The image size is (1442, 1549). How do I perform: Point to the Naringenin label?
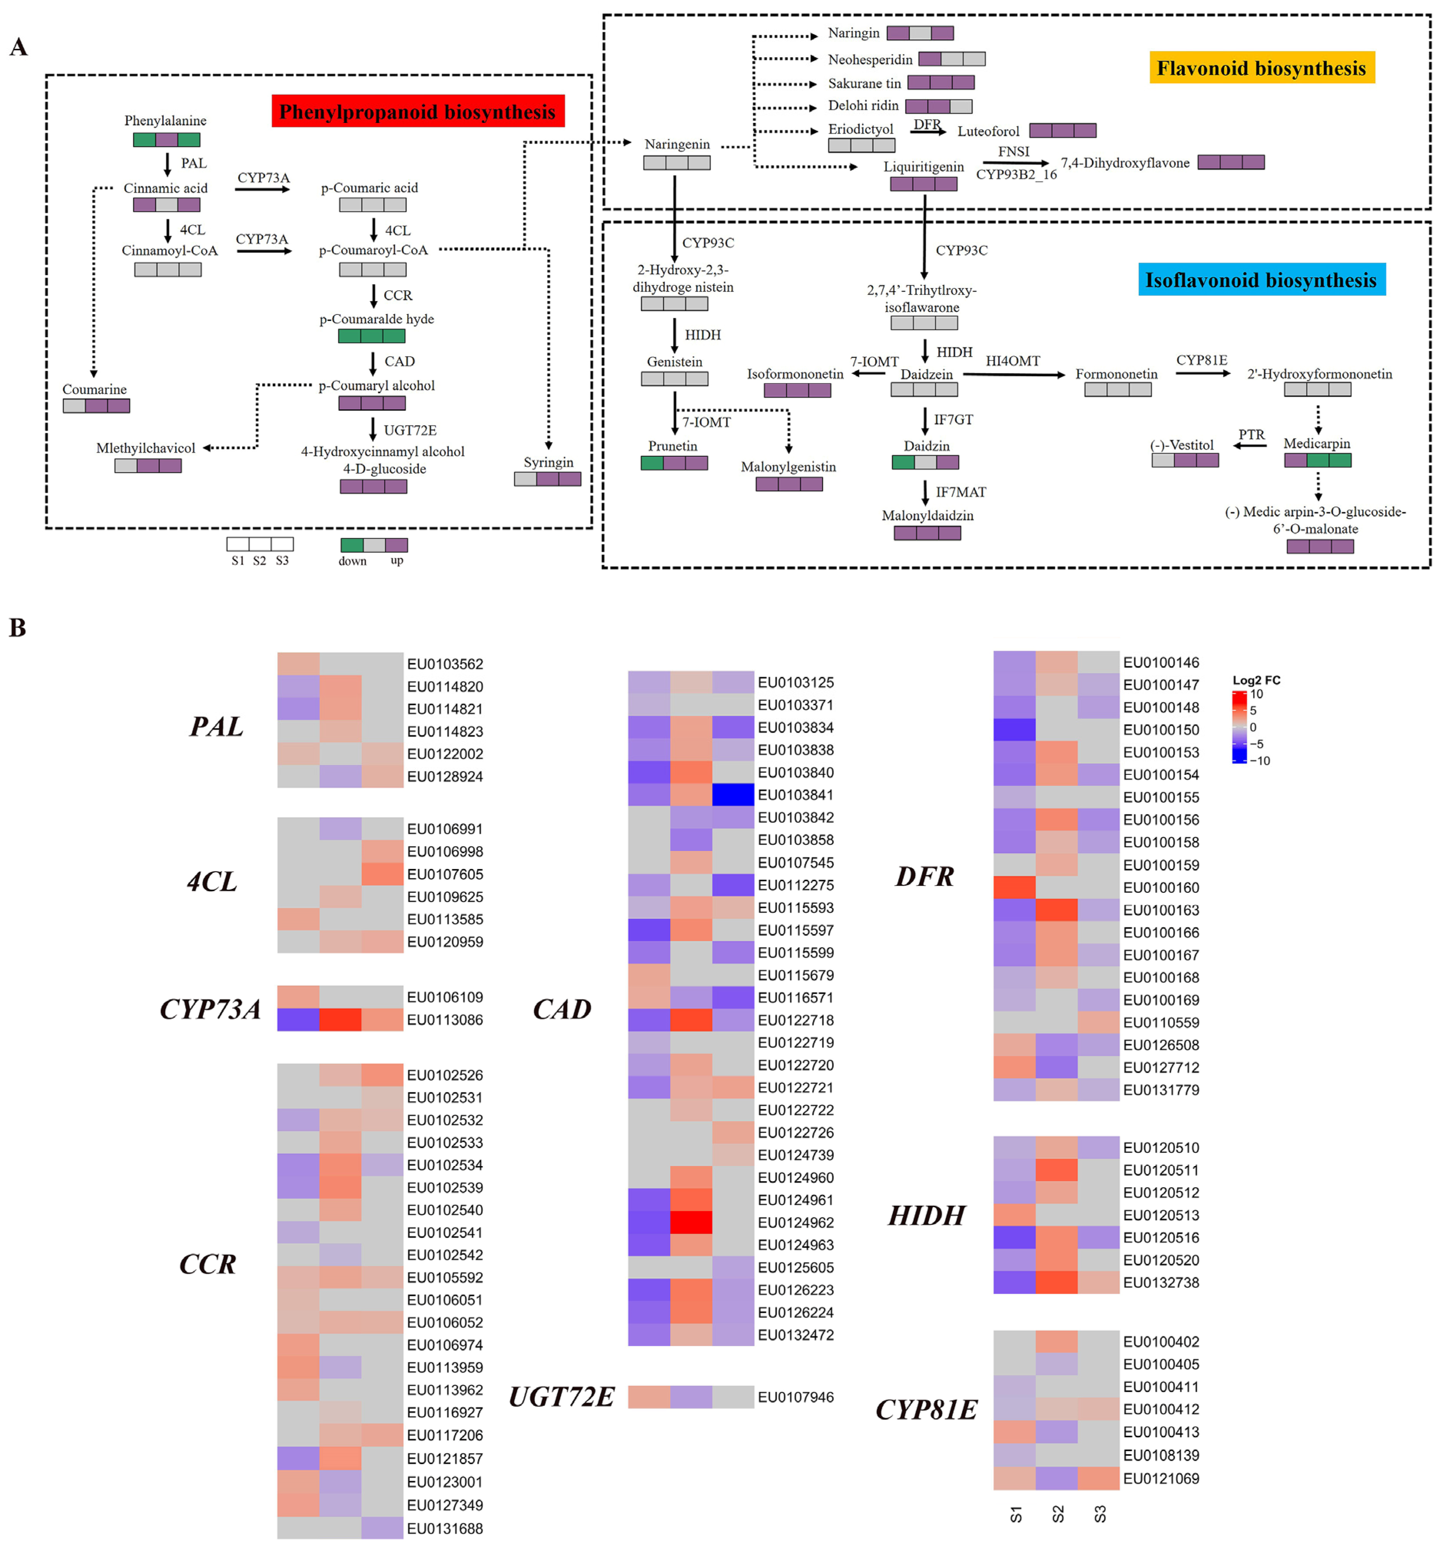pos(676,144)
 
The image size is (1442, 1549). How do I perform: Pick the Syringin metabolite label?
pos(548,462)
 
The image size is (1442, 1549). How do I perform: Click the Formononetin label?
pos(1116,374)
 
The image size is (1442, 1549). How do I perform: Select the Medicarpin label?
pos(1316,444)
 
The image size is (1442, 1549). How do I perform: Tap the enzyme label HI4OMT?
pos(1013,361)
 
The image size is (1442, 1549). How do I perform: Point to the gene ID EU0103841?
pos(795,795)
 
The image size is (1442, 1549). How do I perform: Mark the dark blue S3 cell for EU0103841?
pos(733,795)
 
